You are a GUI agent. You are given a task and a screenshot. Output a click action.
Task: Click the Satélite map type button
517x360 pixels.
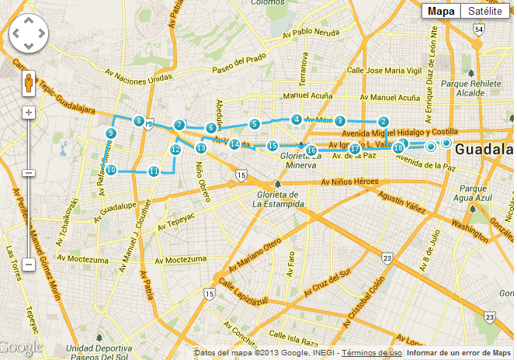click(484, 11)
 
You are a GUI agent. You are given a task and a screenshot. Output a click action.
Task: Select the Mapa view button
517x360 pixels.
click(441, 11)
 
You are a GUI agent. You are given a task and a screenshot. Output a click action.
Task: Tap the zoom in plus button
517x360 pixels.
click(29, 112)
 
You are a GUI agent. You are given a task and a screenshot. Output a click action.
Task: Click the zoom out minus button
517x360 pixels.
click(29, 265)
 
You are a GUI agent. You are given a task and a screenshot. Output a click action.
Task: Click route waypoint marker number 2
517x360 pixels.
click(383, 122)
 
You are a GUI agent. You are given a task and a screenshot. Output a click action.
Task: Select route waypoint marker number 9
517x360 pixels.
click(111, 133)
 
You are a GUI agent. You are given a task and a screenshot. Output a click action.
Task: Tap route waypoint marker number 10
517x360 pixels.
click(112, 169)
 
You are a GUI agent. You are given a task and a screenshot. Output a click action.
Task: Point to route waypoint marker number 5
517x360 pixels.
click(254, 124)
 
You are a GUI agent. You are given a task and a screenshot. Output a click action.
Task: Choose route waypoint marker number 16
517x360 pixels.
click(311, 150)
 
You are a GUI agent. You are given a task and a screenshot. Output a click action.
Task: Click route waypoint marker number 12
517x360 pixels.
click(175, 150)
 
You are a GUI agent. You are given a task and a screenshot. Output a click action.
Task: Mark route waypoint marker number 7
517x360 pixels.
click(179, 124)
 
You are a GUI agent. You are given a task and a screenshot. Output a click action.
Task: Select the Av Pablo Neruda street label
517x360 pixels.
click(311, 33)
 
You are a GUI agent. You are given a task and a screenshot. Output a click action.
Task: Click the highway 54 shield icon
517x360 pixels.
click(480, 29)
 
